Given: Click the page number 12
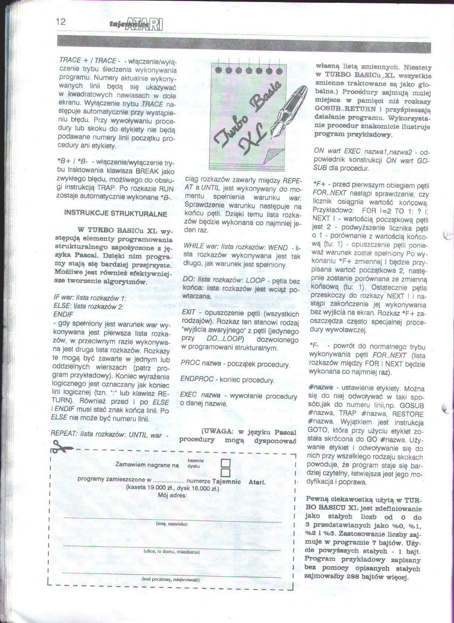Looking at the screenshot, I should (61, 21).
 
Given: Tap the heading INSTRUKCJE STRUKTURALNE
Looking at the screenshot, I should (116, 214).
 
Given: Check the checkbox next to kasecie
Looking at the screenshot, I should (225, 463).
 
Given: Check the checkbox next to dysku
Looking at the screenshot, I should (225, 473).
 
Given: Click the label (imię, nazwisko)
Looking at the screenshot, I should (172, 524).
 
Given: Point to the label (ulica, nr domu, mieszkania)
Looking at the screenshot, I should (172, 552).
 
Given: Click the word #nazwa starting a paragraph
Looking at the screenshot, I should (320, 388).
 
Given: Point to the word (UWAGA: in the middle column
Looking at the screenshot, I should (217, 432).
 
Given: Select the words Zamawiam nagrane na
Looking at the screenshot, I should (147, 465).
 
